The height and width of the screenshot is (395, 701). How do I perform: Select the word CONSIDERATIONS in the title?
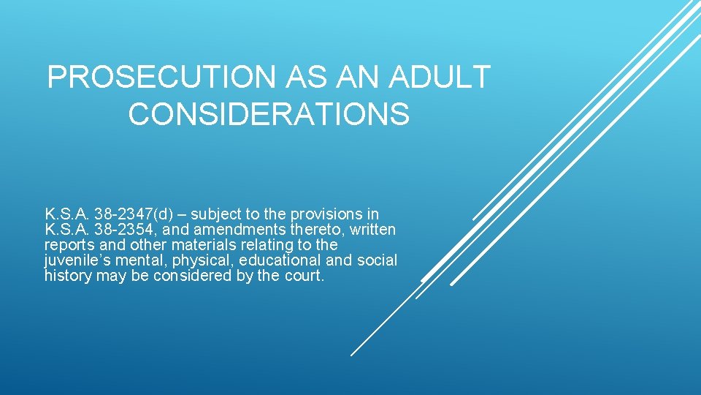[269, 114]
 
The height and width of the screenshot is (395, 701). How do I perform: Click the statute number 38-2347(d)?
[139, 214]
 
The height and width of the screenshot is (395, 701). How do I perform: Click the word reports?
[67, 245]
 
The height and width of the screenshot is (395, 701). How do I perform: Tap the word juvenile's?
[73, 260]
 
